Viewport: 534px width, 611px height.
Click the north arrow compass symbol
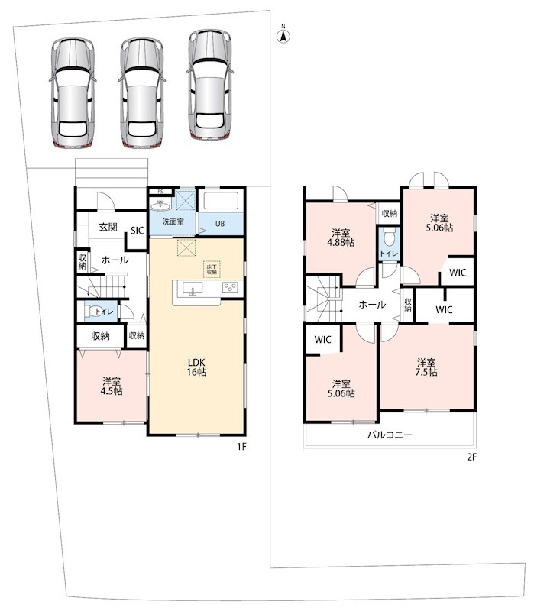(x=283, y=34)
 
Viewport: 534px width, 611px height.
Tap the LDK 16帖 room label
(x=196, y=367)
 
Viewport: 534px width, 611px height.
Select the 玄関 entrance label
(x=108, y=227)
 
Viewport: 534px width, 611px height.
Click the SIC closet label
(x=138, y=231)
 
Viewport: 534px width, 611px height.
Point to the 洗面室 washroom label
(x=173, y=221)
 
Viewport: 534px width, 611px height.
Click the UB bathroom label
(x=220, y=224)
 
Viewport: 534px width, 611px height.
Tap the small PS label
(x=160, y=192)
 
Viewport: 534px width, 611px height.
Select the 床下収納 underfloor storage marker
(x=212, y=270)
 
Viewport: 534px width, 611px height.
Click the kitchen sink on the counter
(x=193, y=289)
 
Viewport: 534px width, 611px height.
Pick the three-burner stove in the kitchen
(x=230, y=288)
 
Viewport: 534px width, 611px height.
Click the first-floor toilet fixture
(x=91, y=312)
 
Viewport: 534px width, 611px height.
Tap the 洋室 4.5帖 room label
(x=112, y=386)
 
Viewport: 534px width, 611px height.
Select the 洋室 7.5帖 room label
(x=426, y=367)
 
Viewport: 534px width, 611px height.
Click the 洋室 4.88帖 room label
(x=341, y=238)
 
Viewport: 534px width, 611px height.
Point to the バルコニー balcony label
(x=390, y=435)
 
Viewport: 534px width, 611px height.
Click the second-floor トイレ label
(x=389, y=254)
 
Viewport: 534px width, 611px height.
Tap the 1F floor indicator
(x=241, y=447)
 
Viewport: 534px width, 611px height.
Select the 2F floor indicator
(x=471, y=457)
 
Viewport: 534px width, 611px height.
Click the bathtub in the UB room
(x=221, y=202)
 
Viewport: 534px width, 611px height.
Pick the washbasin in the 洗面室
(x=160, y=205)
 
